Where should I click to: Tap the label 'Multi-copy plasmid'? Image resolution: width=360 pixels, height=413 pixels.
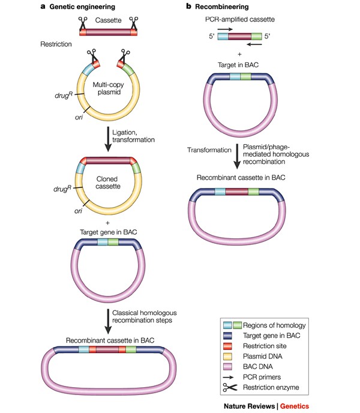pos(108,95)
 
